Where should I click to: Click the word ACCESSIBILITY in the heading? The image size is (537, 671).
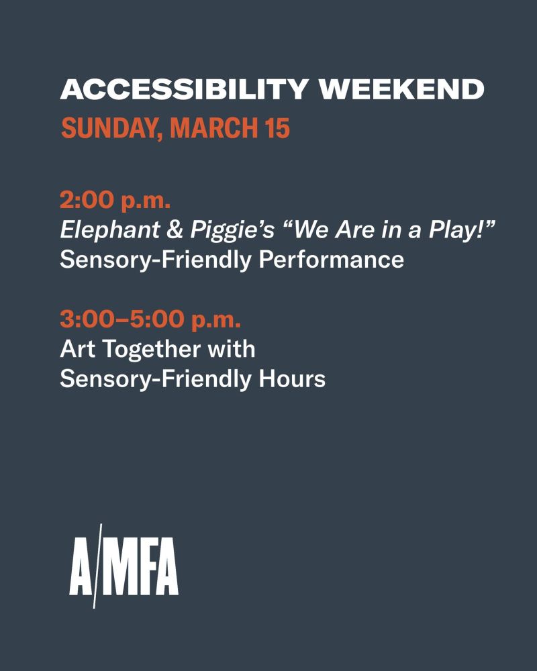[184, 89]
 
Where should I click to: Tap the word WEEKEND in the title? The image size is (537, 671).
[401, 89]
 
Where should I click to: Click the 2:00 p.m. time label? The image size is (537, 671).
[115, 200]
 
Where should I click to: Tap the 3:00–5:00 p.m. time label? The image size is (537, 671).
[150, 319]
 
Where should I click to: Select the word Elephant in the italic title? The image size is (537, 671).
[109, 229]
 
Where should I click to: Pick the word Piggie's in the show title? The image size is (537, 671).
[232, 231]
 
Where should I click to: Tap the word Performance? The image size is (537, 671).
[331, 259]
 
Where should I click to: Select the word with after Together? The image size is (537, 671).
[231, 348]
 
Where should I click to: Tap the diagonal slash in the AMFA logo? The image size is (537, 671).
[97, 566]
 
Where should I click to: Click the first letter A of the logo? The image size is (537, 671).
[81, 566]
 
